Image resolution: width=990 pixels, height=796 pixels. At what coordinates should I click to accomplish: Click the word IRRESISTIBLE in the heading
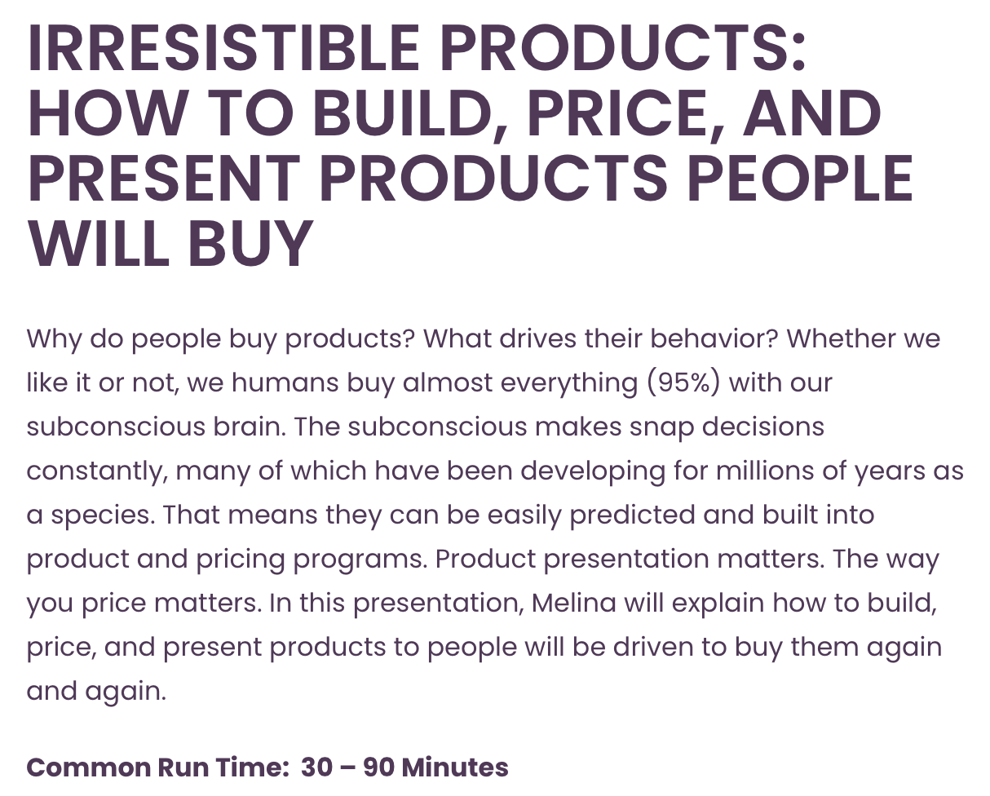tap(223, 48)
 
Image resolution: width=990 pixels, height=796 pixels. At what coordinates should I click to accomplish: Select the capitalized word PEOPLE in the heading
tap(799, 179)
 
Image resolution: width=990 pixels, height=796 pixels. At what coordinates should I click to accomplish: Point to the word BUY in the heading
tap(250, 244)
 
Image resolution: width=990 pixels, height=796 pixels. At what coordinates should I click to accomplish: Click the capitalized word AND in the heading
tap(812, 113)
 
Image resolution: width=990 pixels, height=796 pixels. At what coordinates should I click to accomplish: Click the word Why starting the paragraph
tap(55, 339)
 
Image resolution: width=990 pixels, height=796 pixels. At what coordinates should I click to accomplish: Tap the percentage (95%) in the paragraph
tap(683, 383)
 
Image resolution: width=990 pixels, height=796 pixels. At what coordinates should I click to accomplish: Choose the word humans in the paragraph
tap(285, 383)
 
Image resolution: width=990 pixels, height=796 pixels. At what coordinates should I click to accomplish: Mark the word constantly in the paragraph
tap(96, 472)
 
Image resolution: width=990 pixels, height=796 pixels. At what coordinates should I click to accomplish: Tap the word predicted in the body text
tap(632, 516)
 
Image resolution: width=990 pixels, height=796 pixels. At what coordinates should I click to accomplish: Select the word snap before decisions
tap(661, 428)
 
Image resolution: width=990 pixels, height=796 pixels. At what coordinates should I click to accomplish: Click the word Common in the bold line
tap(88, 767)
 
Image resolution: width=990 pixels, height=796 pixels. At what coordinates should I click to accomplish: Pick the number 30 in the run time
tap(316, 767)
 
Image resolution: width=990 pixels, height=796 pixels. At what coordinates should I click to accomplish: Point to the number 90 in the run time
tap(378, 767)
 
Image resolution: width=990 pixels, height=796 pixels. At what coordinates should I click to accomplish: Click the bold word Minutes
tap(455, 767)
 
